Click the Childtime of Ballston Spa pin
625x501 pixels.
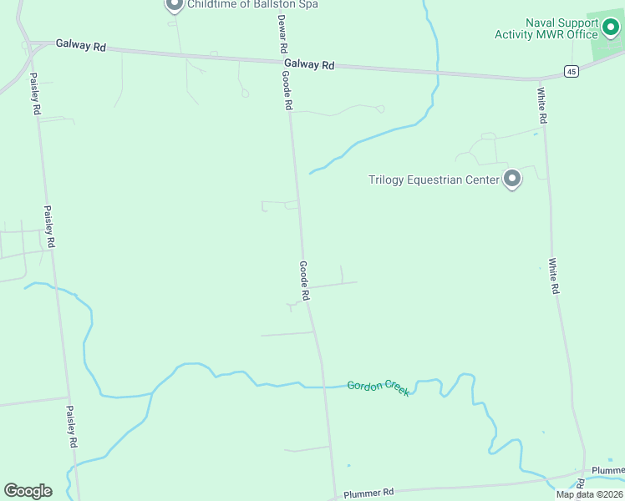[174, 5]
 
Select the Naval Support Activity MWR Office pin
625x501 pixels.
[612, 30]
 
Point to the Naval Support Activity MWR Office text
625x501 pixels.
[546, 28]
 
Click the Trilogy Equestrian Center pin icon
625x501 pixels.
[512, 179]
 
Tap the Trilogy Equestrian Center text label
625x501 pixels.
[433, 179]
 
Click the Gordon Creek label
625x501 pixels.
[379, 387]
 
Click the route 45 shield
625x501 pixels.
[571, 72]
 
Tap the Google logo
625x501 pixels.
[28, 491]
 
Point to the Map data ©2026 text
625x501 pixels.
[588, 494]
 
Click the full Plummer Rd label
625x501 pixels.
[368, 493]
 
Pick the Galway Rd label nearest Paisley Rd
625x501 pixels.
[81, 46]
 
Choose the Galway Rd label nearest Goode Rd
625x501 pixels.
[308, 63]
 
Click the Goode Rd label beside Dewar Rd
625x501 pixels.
[287, 90]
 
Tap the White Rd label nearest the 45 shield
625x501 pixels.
[541, 106]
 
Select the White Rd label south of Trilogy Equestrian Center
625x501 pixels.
[553, 276]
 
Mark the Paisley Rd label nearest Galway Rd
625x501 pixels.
[35, 94]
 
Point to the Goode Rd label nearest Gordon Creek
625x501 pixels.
[305, 281]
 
